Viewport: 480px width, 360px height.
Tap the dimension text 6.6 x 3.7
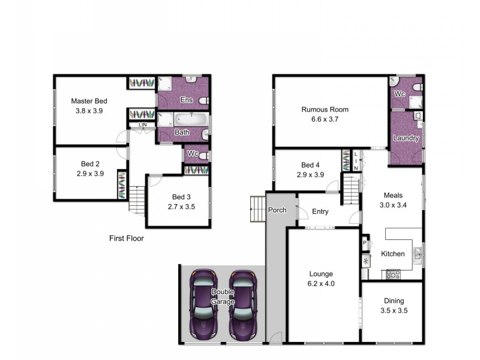(x=325, y=120)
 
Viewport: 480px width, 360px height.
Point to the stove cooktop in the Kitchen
(x=393, y=274)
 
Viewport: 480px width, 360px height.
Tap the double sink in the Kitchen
(x=418, y=254)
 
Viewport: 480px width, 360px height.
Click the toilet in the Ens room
(x=204, y=100)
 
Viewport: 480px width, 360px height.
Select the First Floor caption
(x=126, y=238)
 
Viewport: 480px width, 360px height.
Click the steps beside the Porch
(x=257, y=208)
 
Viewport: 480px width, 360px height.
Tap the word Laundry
(x=406, y=139)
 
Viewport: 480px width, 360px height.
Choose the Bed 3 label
(x=181, y=197)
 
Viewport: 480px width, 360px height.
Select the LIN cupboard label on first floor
(x=143, y=125)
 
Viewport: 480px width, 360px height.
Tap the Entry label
(x=320, y=211)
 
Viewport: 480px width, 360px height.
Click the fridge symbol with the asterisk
(x=365, y=261)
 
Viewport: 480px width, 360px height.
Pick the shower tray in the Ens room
(x=165, y=83)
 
